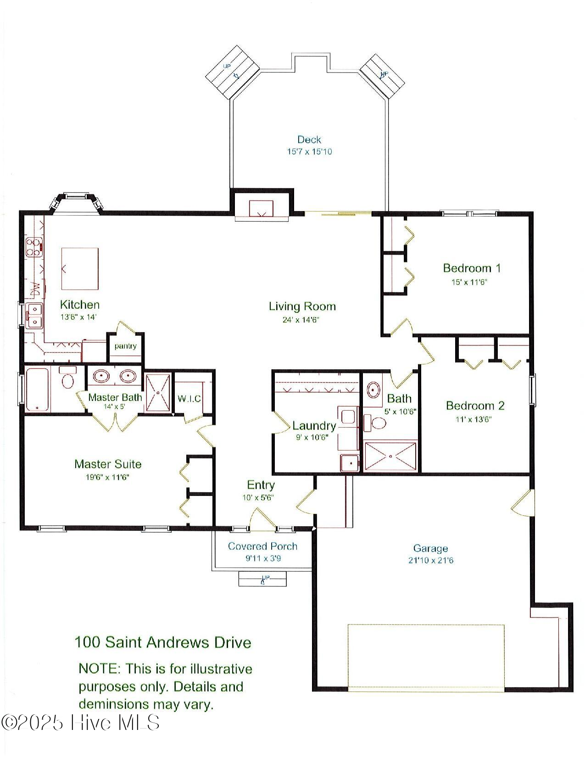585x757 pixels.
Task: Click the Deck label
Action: [x=309, y=139]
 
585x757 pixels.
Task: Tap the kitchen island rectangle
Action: [x=80, y=268]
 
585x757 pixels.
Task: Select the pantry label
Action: [x=125, y=346]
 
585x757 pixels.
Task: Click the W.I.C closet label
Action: [x=189, y=399]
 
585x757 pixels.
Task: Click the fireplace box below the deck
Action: [x=261, y=208]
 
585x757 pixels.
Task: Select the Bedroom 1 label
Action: [x=471, y=268]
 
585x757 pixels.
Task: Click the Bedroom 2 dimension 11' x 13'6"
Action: [x=474, y=419]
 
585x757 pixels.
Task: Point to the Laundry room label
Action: [x=314, y=426]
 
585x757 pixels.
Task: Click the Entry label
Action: [x=261, y=485]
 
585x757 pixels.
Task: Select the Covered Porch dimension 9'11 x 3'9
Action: [x=262, y=559]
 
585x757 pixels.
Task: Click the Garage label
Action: [x=430, y=548]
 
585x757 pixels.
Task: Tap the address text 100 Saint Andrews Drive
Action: [x=163, y=642]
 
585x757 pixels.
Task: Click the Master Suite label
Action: [x=108, y=464]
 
